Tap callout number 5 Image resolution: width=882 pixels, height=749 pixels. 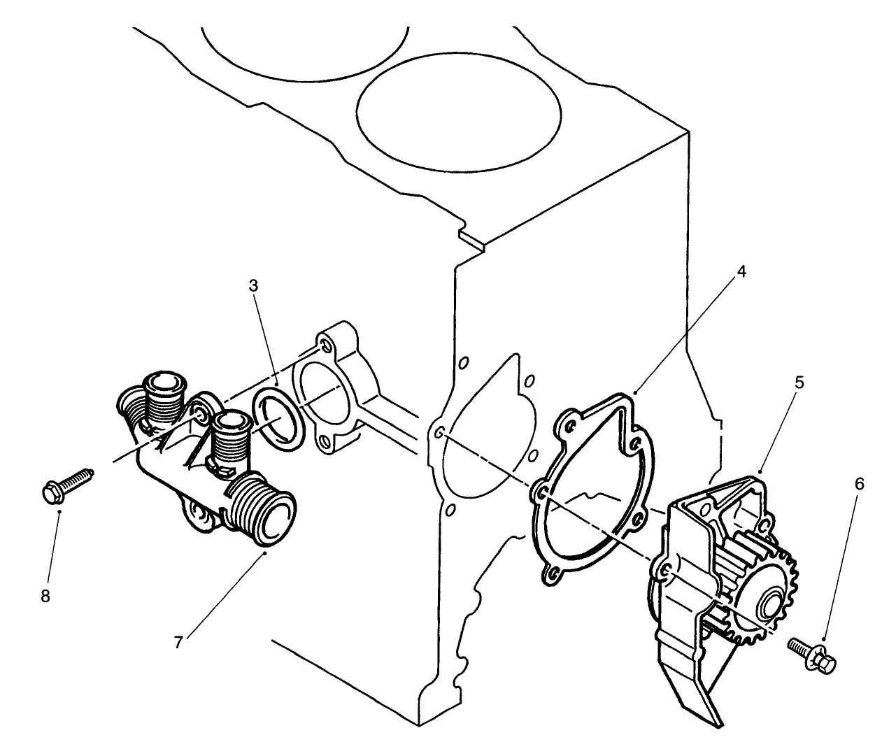pos(799,383)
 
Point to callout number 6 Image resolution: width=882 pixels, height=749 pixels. pos(859,483)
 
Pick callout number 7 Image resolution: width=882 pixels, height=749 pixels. pos(178,642)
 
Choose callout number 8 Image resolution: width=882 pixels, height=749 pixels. pos(45,597)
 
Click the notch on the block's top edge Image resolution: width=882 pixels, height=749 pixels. pos(471,238)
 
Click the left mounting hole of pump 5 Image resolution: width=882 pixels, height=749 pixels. pos(665,571)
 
